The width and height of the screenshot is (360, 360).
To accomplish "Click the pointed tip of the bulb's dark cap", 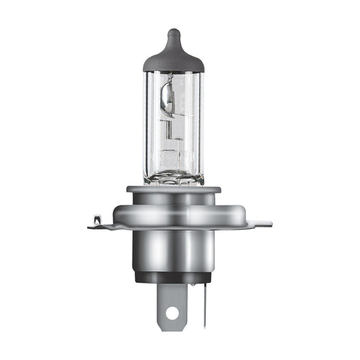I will click(174, 32).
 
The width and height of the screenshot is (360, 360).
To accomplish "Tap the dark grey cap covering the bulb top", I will click(174, 57).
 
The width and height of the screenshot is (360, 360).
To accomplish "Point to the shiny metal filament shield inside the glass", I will click(166, 98).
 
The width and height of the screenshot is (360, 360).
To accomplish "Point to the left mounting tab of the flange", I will click(101, 223).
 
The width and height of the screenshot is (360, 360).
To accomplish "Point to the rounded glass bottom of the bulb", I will click(174, 177).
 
